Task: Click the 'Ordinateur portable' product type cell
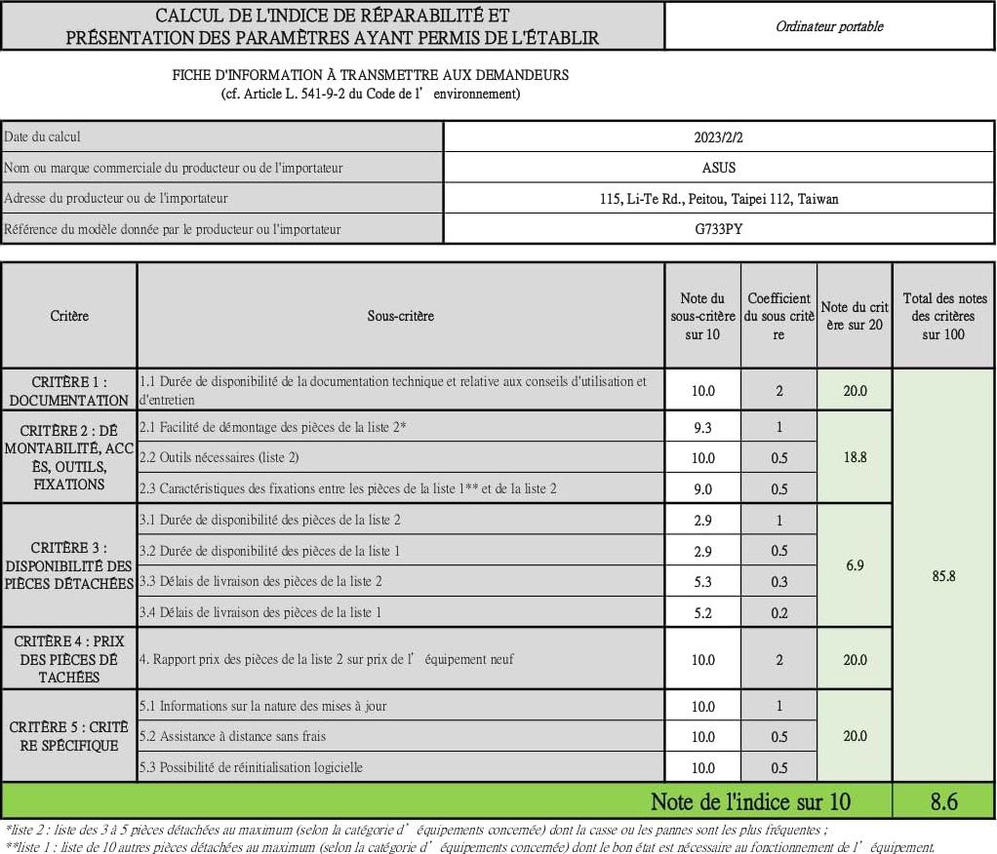click(829, 26)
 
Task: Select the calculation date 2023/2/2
click(719, 137)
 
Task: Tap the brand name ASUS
click(719, 168)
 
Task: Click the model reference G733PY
click(719, 229)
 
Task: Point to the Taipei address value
click(719, 199)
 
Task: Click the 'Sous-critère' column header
click(400, 316)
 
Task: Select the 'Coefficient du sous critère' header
click(778, 316)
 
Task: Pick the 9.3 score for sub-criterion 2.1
click(702, 427)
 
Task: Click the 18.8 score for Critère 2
click(855, 456)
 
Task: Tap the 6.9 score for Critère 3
click(855, 564)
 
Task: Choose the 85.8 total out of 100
click(943, 576)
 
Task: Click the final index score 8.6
click(943, 801)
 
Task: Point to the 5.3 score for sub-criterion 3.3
click(702, 581)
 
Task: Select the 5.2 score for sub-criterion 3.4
click(702, 612)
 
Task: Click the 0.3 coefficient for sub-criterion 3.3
click(778, 581)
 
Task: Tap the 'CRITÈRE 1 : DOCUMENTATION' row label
click(69, 391)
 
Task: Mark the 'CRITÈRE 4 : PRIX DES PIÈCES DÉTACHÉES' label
click(69, 659)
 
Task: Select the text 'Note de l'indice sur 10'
click(750, 802)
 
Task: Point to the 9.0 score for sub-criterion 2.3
click(702, 489)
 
